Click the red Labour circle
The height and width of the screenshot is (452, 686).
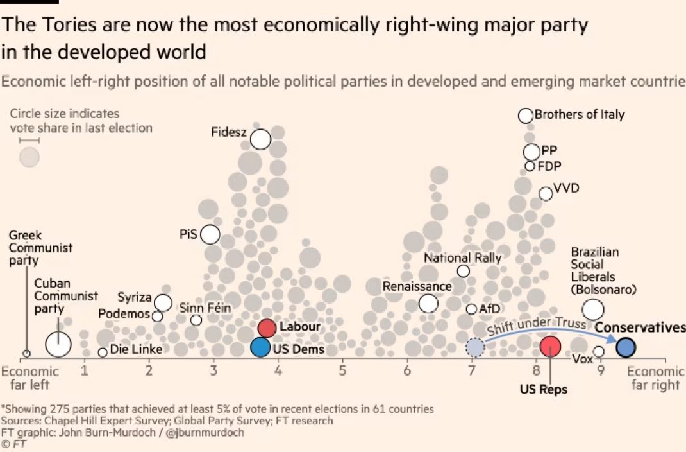(267, 328)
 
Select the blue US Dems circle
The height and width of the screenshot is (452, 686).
(260, 347)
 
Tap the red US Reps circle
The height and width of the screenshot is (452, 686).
(550, 347)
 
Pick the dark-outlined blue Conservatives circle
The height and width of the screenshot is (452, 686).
(626, 347)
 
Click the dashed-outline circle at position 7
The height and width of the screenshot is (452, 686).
(474, 347)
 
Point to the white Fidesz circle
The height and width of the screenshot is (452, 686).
(260, 139)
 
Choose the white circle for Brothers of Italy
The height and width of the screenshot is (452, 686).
(526, 116)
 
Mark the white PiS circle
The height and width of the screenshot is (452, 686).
(210, 234)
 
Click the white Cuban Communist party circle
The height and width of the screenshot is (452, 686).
(58, 344)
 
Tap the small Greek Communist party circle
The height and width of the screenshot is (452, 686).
(26, 353)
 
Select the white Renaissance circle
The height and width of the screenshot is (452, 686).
(428, 303)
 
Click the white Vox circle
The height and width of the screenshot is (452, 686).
(599, 351)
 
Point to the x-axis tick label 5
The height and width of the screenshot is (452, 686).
(342, 371)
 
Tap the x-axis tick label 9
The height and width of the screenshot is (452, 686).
(600, 371)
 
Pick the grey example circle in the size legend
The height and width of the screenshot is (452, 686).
(29, 157)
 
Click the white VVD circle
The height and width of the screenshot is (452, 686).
(546, 193)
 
